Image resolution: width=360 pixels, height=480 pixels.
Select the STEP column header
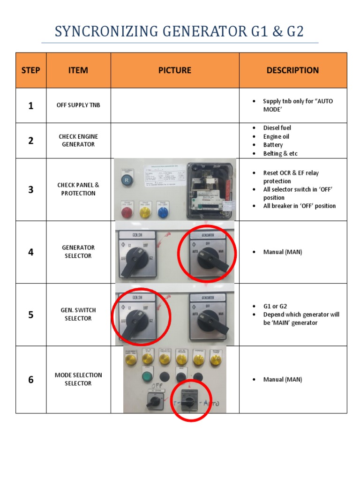pos(31,70)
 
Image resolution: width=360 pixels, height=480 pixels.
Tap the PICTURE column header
pos(175,70)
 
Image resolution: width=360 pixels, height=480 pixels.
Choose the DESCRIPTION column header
pos(292,70)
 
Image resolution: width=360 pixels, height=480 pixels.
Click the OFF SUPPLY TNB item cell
pos(78,105)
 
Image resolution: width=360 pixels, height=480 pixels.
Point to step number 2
pos(31,141)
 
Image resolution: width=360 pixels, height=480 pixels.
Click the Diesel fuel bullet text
pos(277,128)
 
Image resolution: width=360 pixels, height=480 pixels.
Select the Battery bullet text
pos(273,145)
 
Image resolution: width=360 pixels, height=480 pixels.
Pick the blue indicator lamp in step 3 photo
pos(163,212)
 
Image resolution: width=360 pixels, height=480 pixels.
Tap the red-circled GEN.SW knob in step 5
pos(136,319)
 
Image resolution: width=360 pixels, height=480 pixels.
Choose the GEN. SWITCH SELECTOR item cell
pos(78,315)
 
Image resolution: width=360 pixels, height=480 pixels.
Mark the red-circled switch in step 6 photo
pos(187,401)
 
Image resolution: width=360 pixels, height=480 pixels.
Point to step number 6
pos(31,379)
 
